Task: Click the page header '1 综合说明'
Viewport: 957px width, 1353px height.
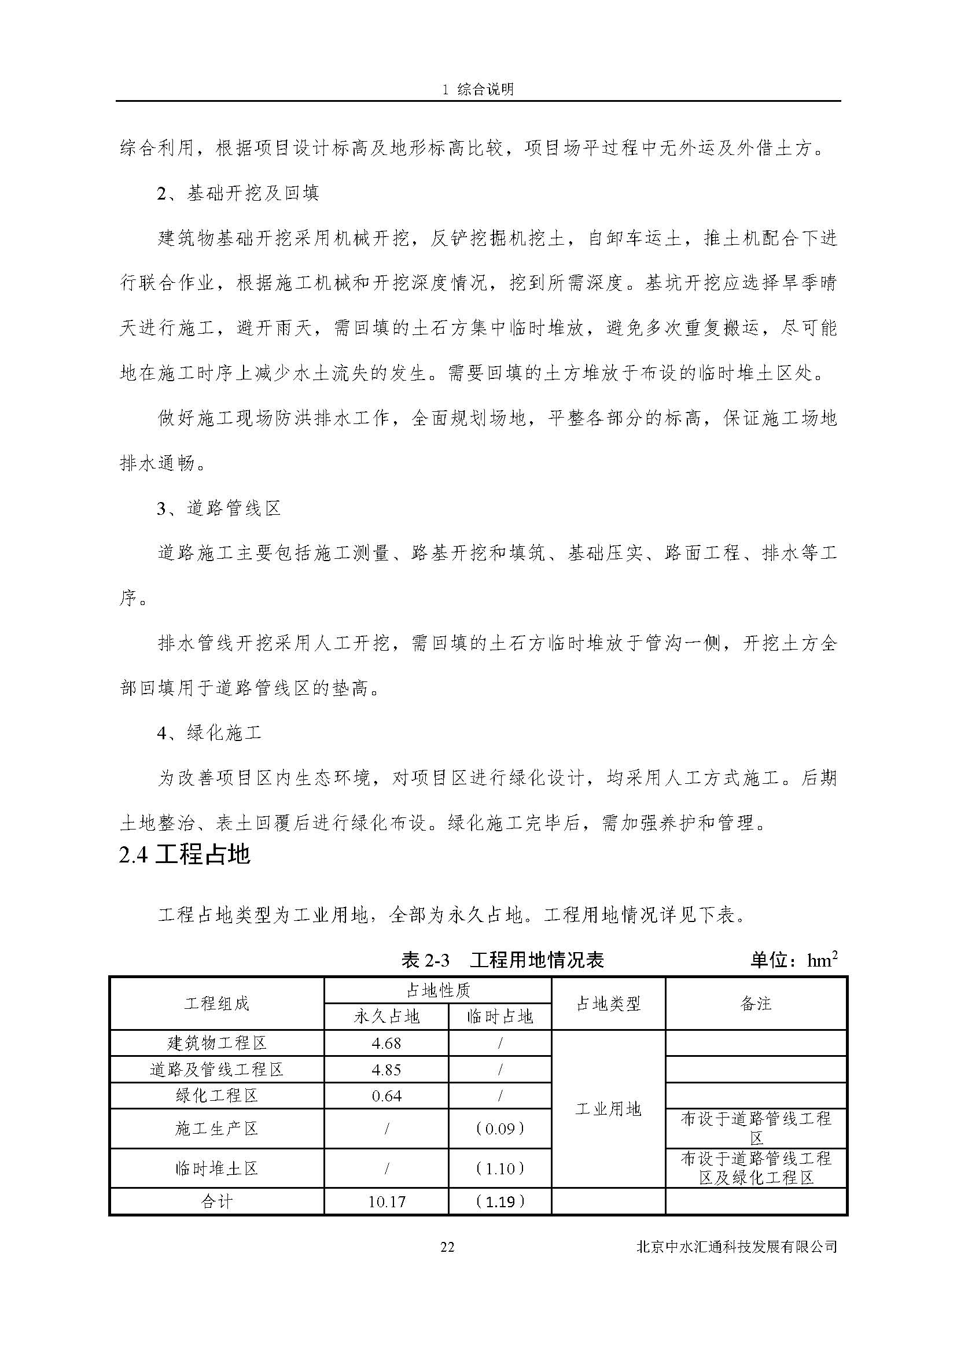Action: tap(478, 89)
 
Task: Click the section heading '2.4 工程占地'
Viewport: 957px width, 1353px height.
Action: tap(185, 855)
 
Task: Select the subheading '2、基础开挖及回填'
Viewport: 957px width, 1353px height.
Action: tap(237, 193)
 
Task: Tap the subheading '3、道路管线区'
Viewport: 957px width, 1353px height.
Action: tap(219, 508)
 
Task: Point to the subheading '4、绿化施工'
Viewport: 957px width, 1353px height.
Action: tap(209, 733)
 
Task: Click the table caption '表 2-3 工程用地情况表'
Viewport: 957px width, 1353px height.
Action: tap(502, 961)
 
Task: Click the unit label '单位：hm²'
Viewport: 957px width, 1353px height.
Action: tap(794, 961)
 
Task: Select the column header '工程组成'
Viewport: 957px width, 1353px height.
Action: tap(217, 1004)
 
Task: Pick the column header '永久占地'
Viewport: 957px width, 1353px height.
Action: tap(386, 1016)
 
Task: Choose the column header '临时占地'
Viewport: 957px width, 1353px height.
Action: tap(500, 1016)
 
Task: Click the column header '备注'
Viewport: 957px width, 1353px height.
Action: tap(756, 1004)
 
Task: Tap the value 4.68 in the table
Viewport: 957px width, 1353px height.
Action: tap(386, 1043)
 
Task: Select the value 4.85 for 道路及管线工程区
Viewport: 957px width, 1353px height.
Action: tap(386, 1070)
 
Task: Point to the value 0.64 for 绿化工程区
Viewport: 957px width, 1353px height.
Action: tap(386, 1096)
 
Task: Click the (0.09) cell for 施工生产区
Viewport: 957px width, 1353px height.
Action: tap(500, 1129)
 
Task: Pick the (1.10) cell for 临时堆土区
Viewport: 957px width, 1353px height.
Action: tap(500, 1168)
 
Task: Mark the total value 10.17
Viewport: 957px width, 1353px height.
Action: tap(386, 1201)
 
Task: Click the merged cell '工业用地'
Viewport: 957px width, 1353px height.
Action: tap(608, 1109)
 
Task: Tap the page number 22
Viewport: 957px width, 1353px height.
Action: tap(447, 1247)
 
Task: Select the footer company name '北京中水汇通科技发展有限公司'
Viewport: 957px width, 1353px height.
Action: tap(737, 1247)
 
